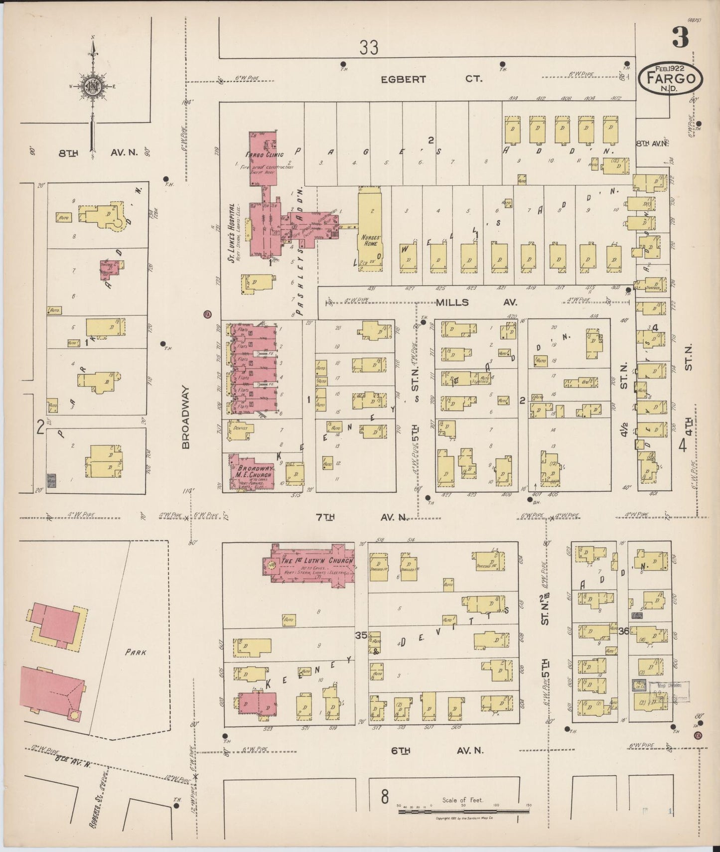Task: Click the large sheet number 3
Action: [x=680, y=37]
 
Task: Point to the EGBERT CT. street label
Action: [x=431, y=79]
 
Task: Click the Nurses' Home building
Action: [x=370, y=229]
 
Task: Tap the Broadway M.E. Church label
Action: [x=254, y=471]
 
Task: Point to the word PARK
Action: [x=135, y=652]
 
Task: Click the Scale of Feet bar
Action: [x=463, y=812]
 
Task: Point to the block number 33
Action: [x=369, y=48]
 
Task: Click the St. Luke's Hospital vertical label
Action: [x=231, y=232]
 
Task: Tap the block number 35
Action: [x=361, y=635]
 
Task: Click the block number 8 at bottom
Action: [x=384, y=797]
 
